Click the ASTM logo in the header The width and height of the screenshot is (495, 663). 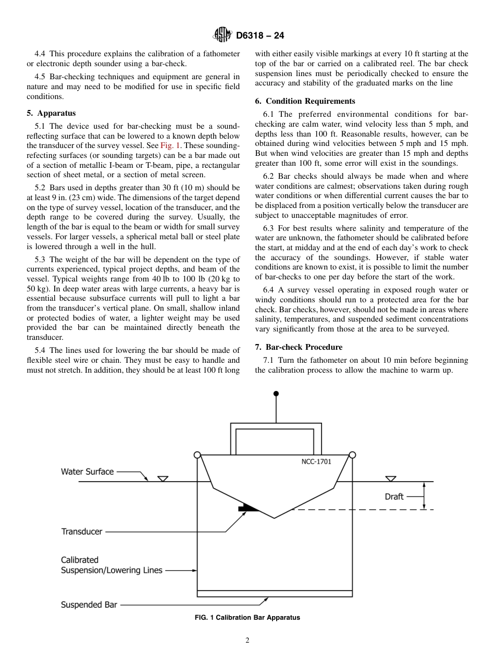click(x=222, y=35)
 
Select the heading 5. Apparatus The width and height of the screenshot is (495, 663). click(x=51, y=113)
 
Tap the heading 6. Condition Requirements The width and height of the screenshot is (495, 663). click(x=305, y=101)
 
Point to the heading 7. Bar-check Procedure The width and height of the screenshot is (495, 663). click(x=299, y=347)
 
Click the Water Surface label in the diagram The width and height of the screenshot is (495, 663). click(x=87, y=472)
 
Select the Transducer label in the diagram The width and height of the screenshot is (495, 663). click(x=82, y=532)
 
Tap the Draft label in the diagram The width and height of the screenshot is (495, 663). click(x=394, y=497)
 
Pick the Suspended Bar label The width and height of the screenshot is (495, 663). click(x=89, y=605)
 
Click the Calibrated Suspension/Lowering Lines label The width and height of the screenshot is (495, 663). click(x=112, y=566)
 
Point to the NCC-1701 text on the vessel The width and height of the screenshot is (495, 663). click(x=316, y=461)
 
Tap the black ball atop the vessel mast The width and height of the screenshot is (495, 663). click(x=276, y=394)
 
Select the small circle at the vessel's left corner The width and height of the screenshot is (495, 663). click(x=197, y=455)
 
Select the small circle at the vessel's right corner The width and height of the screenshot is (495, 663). click(x=352, y=455)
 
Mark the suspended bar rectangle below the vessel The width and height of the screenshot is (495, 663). click(x=275, y=593)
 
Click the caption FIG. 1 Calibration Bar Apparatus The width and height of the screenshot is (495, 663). click(x=247, y=618)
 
